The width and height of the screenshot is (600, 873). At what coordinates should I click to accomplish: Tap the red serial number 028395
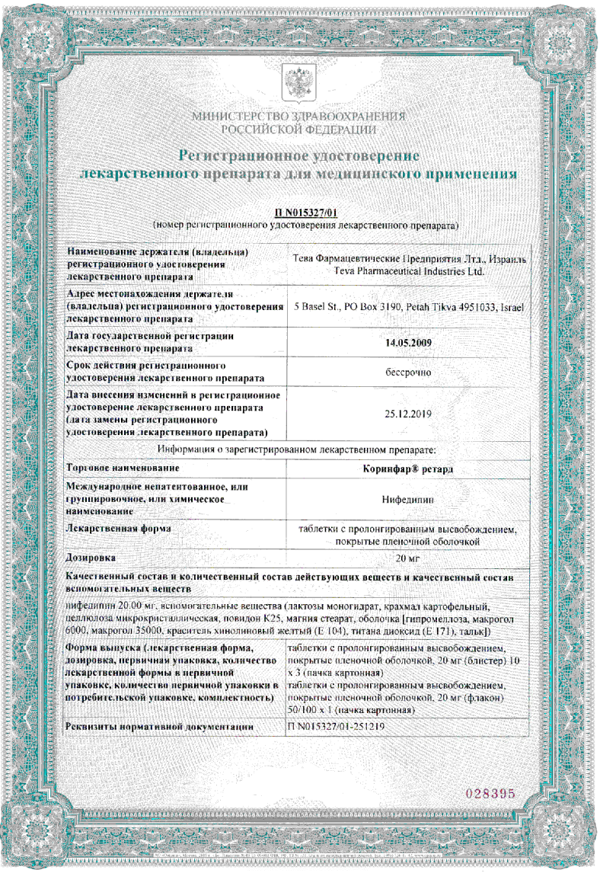490,793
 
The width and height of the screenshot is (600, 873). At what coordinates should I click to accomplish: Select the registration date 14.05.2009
410,342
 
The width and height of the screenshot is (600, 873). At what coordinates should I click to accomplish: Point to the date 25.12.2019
410,414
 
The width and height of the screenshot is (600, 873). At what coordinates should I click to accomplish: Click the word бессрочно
410,373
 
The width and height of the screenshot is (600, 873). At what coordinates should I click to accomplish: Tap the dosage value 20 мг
409,558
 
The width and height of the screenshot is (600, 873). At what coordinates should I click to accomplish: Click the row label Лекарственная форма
118,527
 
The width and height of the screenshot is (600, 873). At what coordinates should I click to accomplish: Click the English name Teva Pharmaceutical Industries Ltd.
409,270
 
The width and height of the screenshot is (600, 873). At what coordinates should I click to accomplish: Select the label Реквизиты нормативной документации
160,727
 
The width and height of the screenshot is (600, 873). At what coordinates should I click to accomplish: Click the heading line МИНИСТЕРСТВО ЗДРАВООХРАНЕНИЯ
299,117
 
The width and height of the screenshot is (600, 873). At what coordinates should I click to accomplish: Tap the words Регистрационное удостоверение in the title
299,156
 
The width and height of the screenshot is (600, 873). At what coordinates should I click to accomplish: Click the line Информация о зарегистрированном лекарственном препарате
296,449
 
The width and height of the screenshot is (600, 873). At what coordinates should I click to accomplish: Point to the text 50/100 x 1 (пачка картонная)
350,709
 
